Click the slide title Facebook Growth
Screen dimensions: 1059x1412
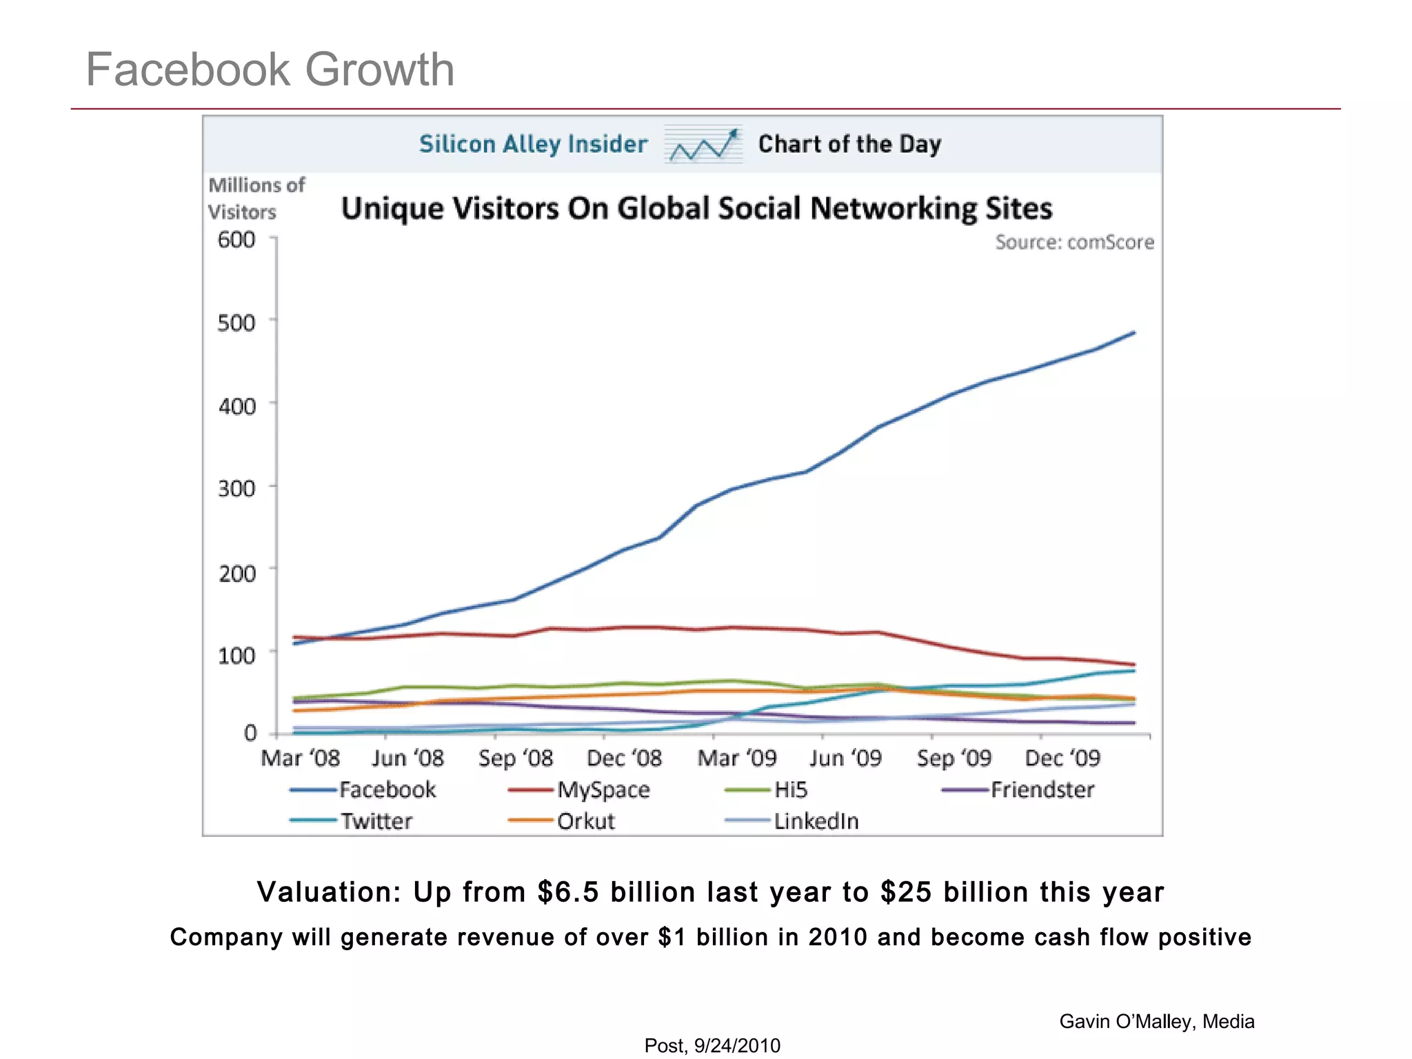[270, 70]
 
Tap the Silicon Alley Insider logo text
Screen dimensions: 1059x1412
[533, 144]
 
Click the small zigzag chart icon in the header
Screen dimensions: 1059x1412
[703, 144]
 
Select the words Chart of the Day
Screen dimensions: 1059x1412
[849, 144]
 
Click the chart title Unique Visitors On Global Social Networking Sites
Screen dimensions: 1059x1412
[696, 208]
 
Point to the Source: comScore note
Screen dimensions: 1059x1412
[1073, 242]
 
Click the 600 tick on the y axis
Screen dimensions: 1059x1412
[236, 240]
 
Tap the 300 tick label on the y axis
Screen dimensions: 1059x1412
[236, 489]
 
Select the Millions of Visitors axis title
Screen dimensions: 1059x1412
[255, 198]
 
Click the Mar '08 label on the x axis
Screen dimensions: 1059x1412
[300, 758]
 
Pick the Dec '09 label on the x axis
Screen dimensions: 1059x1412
[1062, 758]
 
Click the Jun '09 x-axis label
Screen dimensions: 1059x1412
[845, 758]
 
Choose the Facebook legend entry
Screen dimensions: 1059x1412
[387, 789]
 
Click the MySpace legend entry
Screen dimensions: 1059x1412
[603, 789]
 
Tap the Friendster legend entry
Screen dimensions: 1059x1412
[1042, 789]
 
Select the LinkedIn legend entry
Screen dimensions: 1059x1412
[816, 821]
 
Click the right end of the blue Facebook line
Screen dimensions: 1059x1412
[1133, 333]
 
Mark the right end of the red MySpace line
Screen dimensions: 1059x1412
[1133, 665]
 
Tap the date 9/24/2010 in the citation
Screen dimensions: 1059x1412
[737, 1046]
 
